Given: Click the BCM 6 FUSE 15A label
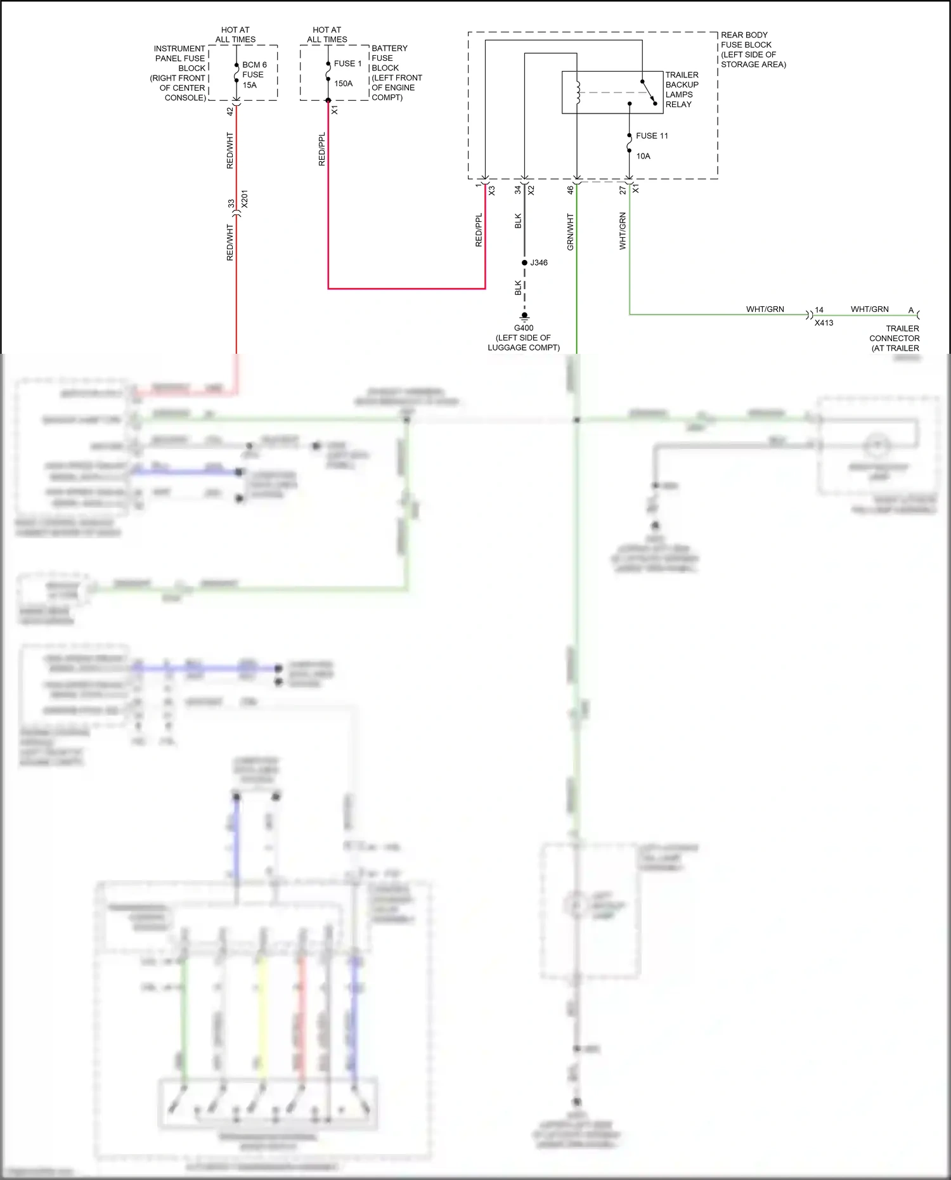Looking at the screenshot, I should [x=254, y=75].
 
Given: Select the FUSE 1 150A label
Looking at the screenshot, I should [x=347, y=73].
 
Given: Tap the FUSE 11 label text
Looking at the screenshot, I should [x=652, y=136].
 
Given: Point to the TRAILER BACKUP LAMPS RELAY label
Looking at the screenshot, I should [x=682, y=89].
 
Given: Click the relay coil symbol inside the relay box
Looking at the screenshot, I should [x=578, y=92].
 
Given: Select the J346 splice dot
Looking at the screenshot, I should [x=524, y=263].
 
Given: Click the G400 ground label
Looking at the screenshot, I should [x=524, y=328].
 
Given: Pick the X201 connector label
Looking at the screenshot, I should [x=245, y=199].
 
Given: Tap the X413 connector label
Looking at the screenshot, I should [x=824, y=323].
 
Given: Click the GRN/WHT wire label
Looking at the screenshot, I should [x=570, y=231].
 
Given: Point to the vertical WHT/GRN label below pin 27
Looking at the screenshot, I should [x=623, y=231].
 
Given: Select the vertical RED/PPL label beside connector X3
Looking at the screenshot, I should [x=479, y=230].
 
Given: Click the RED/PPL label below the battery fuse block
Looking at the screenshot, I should [x=321, y=149].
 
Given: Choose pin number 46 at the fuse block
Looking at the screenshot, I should [x=570, y=190].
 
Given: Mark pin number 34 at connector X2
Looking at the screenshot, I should [x=517, y=190].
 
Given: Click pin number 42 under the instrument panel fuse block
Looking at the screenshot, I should [x=230, y=111].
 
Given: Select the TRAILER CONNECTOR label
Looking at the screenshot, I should [x=894, y=338].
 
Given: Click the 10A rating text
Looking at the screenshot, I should [x=643, y=156].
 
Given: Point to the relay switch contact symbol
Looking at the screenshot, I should [x=649, y=92].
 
